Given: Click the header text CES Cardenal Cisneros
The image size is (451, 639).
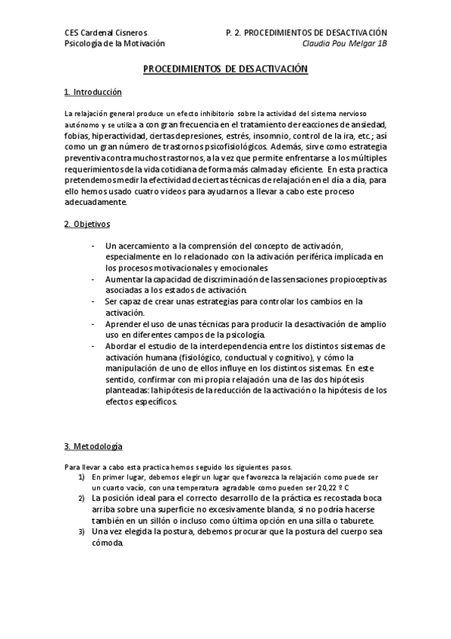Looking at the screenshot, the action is click(x=105, y=33).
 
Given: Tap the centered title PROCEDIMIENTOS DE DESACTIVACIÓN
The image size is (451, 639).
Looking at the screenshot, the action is click(x=226, y=69).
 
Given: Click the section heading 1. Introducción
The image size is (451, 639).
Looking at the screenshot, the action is click(x=93, y=92).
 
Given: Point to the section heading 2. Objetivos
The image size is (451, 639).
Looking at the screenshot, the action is click(x=87, y=224).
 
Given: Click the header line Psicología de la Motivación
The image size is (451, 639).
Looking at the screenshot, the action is click(x=114, y=44).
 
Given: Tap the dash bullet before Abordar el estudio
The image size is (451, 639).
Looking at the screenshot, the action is click(x=93, y=346).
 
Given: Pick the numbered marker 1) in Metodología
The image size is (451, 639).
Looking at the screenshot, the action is click(x=81, y=477).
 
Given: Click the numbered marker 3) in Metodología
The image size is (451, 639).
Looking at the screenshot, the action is click(x=81, y=532).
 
